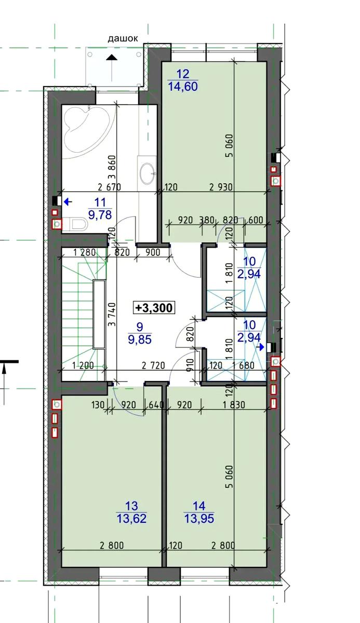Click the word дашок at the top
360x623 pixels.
tap(123, 38)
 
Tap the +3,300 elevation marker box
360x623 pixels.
tap(154, 307)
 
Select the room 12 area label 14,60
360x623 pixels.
tap(183, 86)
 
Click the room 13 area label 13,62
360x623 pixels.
tap(131, 519)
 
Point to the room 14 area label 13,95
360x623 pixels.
tap(199, 519)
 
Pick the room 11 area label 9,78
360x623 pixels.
tap(100, 215)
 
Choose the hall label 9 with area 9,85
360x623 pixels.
tap(140, 333)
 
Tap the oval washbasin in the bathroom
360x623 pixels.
tap(147, 173)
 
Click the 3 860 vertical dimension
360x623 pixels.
tap(113, 168)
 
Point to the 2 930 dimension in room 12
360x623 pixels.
tap(221, 187)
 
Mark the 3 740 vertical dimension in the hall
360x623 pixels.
tap(113, 314)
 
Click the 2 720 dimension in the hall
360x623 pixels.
tap(153, 365)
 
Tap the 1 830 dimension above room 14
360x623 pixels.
tap(234, 404)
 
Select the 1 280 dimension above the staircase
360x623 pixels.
tap(85, 252)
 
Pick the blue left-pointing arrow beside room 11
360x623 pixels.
tap(68, 202)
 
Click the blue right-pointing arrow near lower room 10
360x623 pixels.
tap(261, 347)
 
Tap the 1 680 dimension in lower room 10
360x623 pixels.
tap(244, 365)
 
